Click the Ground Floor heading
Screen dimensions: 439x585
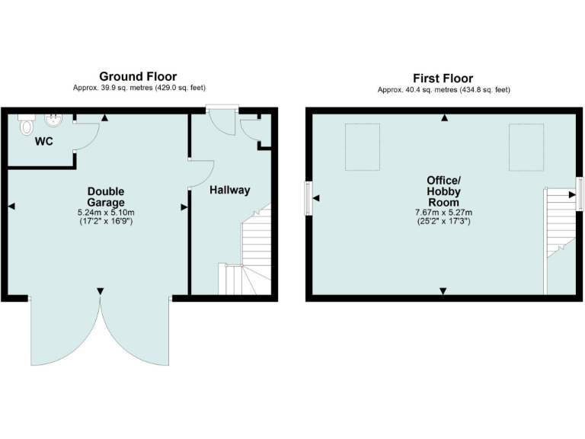[138, 76]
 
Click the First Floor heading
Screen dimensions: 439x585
[443, 78]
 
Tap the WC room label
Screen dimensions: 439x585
[43, 141]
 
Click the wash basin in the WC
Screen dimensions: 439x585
[55, 120]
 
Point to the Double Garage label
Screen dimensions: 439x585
[105, 197]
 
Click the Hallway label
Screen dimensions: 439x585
[229, 190]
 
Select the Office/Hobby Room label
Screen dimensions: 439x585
[443, 191]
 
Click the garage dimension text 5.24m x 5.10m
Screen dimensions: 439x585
[106, 212]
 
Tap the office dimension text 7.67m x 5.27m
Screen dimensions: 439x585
[443, 212]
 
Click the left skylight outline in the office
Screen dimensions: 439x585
[362, 146]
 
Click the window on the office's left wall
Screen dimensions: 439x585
[309, 198]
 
